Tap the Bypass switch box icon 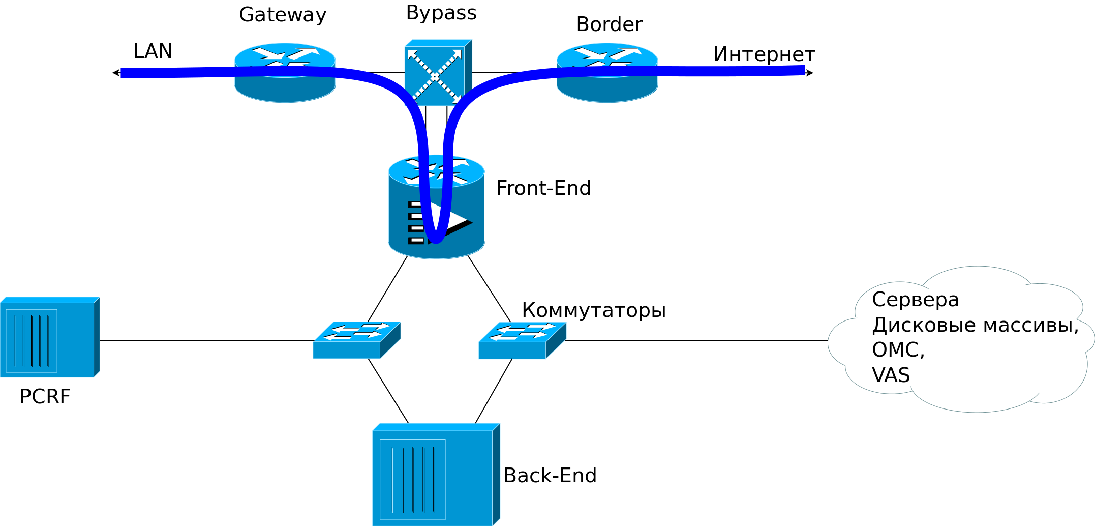[438, 73]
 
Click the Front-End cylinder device [436, 209]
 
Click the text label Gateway [283, 15]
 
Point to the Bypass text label [441, 13]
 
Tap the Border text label [609, 24]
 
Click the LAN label [153, 51]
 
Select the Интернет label [764, 54]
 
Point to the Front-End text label [543, 188]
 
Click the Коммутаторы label [593, 310]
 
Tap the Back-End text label [550, 475]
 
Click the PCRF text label [45, 396]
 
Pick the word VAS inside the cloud [891, 375]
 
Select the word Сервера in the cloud [915, 299]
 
